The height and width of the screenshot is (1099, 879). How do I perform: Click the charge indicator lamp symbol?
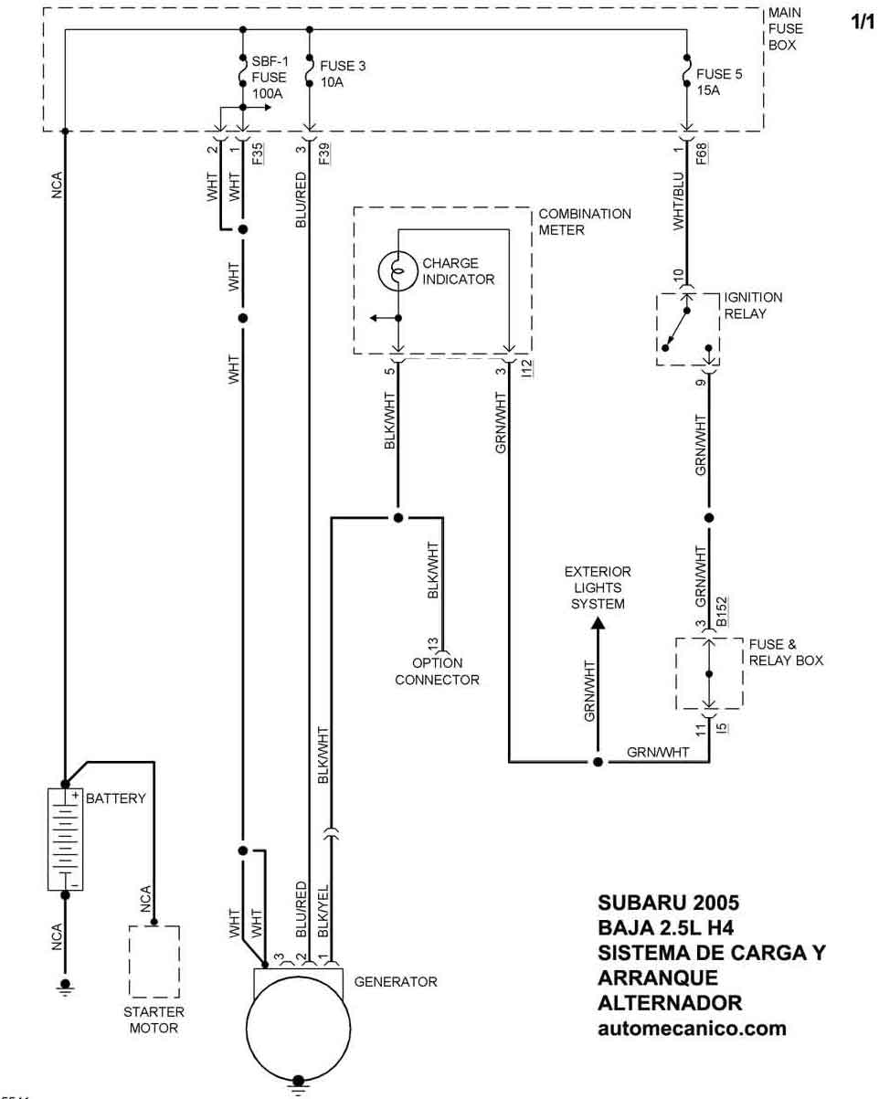[x=397, y=271]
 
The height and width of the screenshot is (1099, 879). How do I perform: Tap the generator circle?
[x=298, y=1020]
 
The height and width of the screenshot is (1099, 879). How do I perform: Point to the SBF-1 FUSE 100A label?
[x=269, y=78]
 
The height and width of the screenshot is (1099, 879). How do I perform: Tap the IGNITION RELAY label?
[x=753, y=305]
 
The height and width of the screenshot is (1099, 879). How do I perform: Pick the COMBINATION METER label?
[x=585, y=222]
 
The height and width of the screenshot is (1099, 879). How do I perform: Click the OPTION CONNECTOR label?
[x=437, y=671]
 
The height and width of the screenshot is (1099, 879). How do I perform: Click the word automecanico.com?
[x=692, y=1028]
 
